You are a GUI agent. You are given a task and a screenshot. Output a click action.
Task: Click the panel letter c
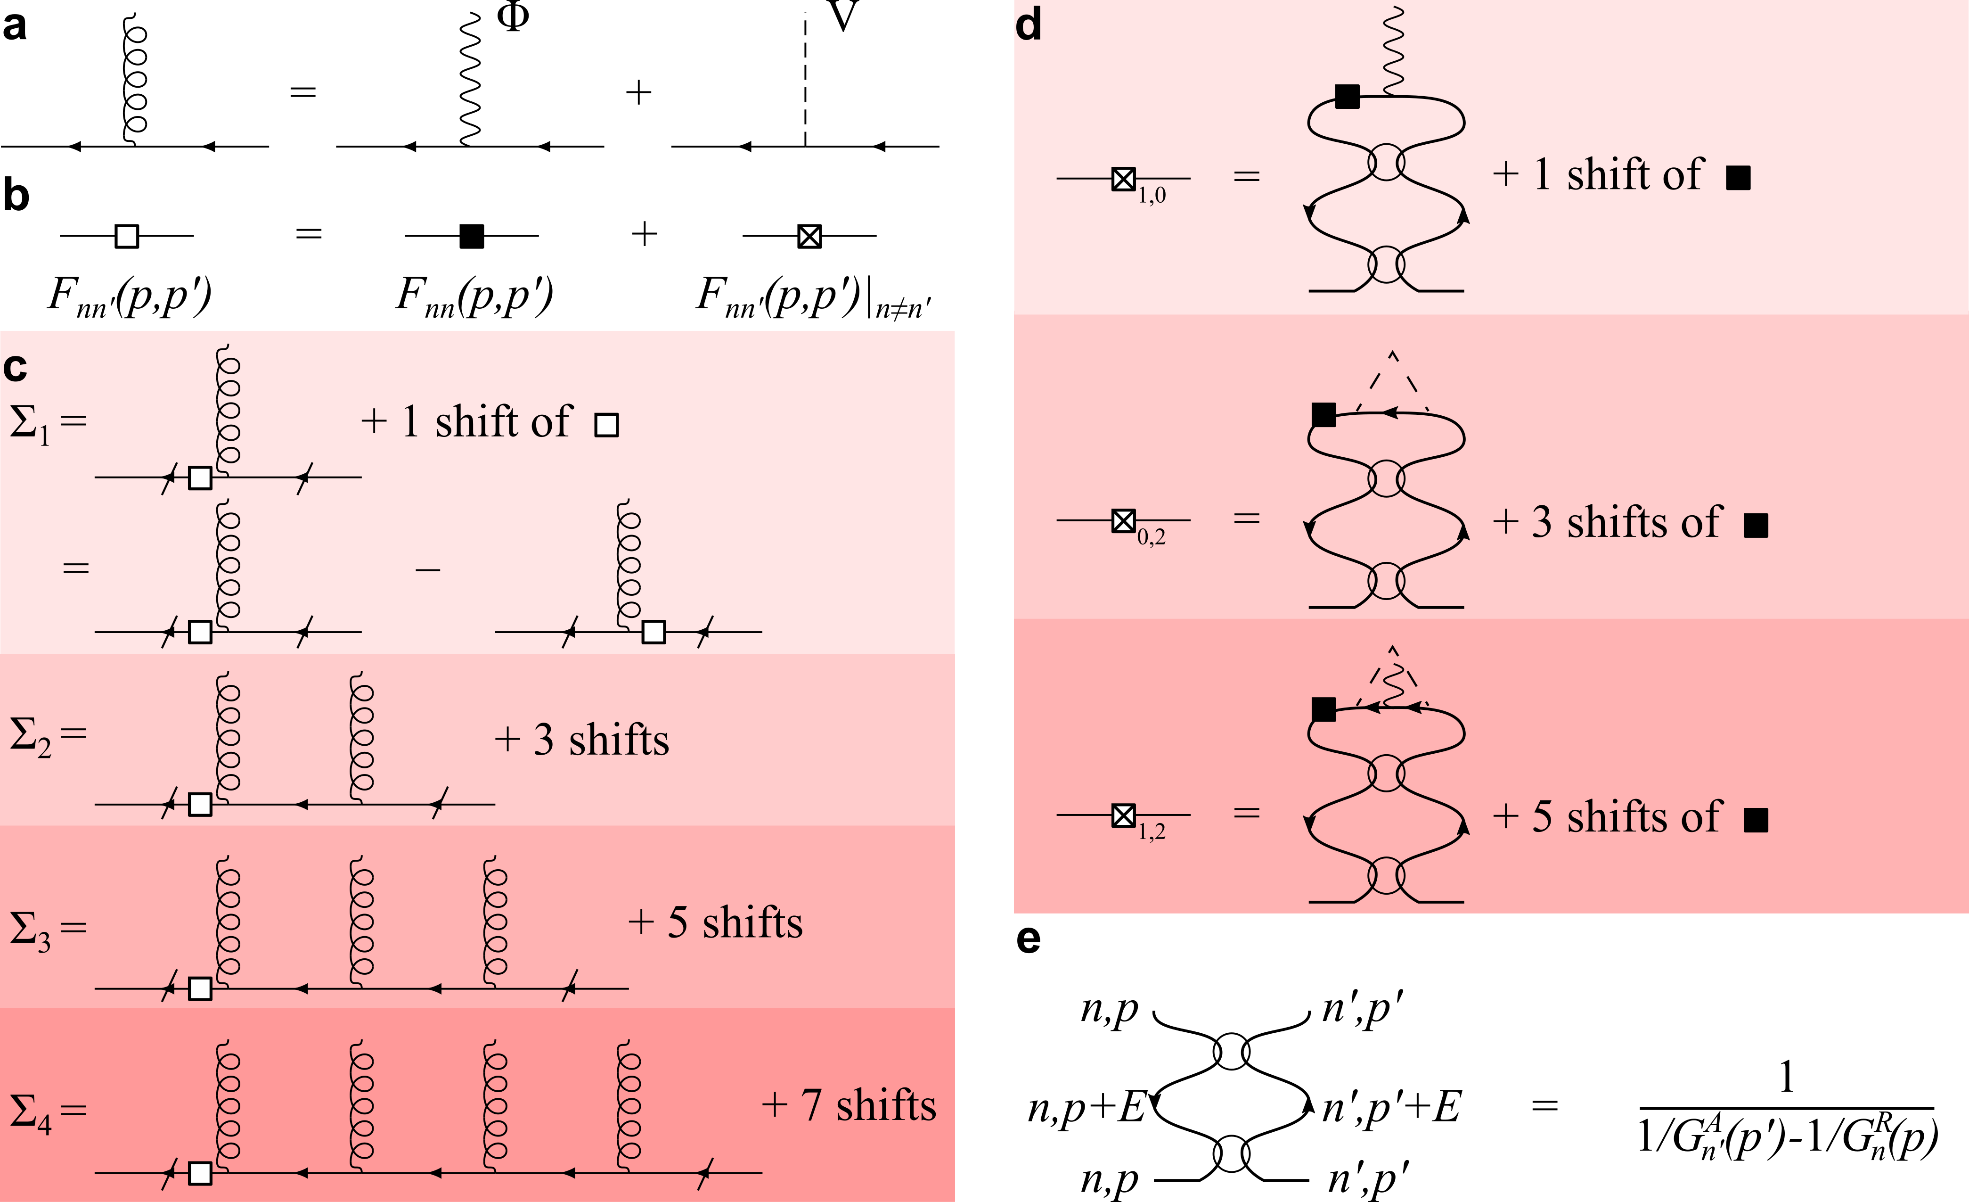tap(15, 368)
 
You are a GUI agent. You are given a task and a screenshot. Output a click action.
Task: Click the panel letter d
tap(1029, 25)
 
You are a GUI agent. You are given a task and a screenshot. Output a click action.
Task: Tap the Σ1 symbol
tap(29, 424)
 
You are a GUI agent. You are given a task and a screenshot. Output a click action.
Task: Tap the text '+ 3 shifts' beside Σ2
tap(582, 739)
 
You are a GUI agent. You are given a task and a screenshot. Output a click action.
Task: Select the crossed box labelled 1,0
tap(1124, 178)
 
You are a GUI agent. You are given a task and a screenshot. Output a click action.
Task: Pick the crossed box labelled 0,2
tap(1124, 521)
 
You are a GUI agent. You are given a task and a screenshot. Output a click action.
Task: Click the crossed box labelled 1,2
tap(1124, 815)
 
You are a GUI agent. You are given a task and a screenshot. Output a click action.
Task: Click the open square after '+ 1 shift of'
tap(606, 425)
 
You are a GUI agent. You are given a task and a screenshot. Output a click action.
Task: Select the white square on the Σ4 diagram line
tap(200, 1173)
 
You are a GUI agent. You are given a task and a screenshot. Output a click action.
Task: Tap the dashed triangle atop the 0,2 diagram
tap(1393, 379)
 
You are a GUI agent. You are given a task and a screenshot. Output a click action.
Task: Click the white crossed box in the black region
tap(809, 237)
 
